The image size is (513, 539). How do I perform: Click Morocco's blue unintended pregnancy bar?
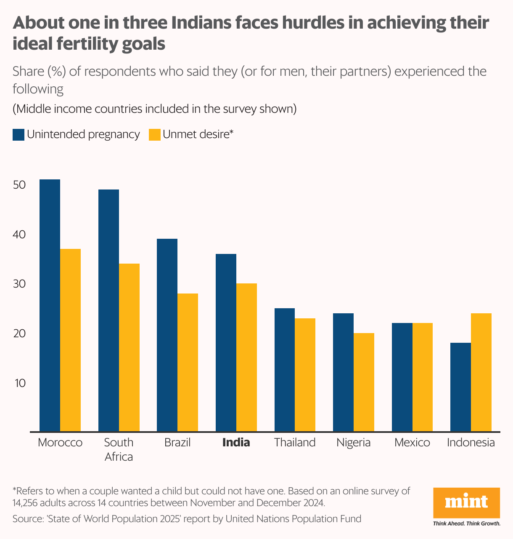50,305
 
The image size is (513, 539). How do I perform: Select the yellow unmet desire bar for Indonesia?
481,372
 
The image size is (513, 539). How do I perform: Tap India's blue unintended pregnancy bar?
226,343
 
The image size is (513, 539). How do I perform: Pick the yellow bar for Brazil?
188,363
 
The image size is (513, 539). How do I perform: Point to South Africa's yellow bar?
129,347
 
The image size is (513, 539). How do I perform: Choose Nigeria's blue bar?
343,372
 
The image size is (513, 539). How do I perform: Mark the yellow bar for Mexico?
423,377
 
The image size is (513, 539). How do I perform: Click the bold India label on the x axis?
236,443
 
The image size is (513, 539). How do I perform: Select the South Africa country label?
119,449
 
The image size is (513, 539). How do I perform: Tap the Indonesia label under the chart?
471,443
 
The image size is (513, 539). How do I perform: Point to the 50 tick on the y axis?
19,185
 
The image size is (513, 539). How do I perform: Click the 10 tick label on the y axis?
19,383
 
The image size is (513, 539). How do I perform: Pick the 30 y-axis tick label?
19,284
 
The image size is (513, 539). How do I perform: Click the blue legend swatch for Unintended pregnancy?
19,135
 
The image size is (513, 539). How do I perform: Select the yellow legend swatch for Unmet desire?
155,135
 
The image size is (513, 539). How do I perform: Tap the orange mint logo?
466,503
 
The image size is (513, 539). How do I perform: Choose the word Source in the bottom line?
26,519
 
